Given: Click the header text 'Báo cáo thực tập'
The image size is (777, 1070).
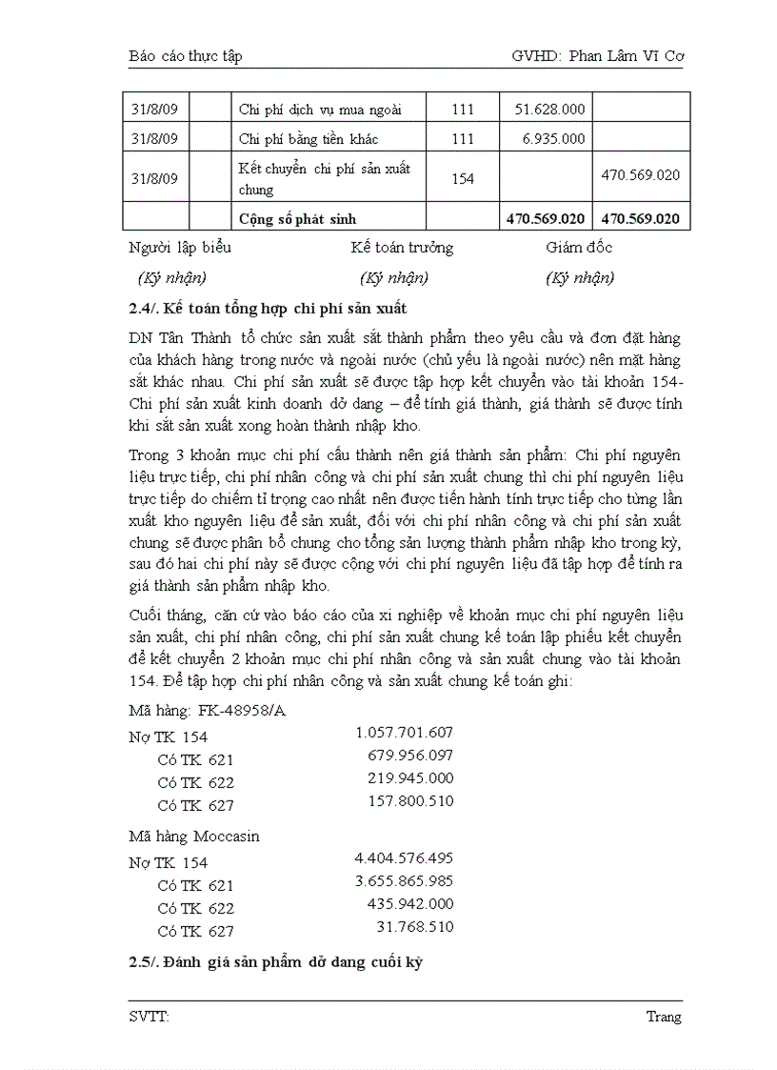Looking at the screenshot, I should click(x=186, y=56).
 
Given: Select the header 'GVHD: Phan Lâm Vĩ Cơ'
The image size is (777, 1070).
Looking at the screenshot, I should click(x=597, y=56).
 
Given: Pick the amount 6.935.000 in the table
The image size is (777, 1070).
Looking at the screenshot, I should click(x=553, y=139).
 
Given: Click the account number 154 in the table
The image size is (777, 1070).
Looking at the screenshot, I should click(x=462, y=178).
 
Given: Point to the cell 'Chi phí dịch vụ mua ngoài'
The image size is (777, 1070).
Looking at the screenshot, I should click(x=319, y=110).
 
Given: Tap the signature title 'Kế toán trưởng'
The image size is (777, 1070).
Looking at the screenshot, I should click(x=401, y=248).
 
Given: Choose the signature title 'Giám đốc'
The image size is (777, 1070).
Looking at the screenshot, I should click(x=579, y=248).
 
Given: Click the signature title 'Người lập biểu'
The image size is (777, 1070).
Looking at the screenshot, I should click(x=180, y=248).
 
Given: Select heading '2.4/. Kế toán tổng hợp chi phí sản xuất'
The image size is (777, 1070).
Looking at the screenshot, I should click(x=269, y=309).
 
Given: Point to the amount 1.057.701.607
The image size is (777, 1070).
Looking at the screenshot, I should click(x=404, y=733).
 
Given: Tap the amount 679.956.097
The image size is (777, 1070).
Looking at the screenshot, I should click(x=409, y=756).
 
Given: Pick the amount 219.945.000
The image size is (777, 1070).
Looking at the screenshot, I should click(x=409, y=778).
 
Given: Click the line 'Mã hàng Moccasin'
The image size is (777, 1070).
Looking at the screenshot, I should click(x=194, y=837).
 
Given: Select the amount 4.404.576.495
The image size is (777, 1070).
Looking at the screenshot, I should click(x=404, y=858).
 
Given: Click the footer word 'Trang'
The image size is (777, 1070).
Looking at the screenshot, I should click(x=664, y=1017).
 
